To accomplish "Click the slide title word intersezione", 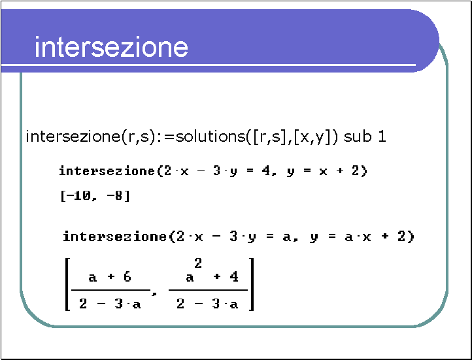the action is click(111, 46).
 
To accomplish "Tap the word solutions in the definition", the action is click(211, 137).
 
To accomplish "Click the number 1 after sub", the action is click(382, 137).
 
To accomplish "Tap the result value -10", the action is click(78, 196).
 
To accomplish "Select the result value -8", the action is click(114, 196).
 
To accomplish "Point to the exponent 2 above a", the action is click(198, 264).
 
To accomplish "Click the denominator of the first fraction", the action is click(110, 304).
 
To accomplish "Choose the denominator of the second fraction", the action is click(208, 304).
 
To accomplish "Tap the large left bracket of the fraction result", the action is click(67, 284).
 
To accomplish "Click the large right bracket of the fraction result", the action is click(252, 284).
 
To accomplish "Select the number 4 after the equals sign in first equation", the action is click(266, 171).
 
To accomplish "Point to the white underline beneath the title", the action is click(209, 65).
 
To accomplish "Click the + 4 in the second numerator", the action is click(226, 276).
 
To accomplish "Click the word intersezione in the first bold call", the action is click(107, 171).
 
